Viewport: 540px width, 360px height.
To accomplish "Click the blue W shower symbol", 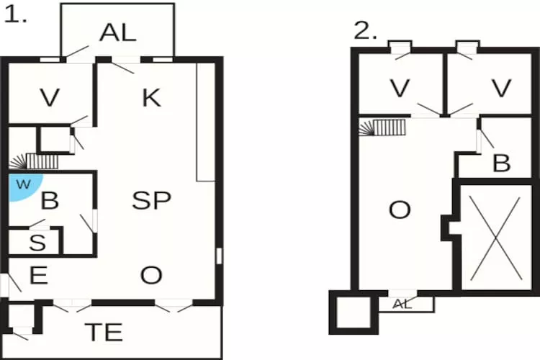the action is click(x=24, y=186).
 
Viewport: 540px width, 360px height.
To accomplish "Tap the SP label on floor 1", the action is click(x=151, y=200).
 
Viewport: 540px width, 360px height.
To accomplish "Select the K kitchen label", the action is click(x=151, y=98).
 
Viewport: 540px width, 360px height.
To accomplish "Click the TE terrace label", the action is click(x=104, y=332).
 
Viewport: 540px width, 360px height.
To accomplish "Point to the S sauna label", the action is click(x=37, y=242).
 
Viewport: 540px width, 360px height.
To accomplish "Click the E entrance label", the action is click(x=39, y=275).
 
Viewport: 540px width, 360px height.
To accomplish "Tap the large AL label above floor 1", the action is click(x=118, y=33).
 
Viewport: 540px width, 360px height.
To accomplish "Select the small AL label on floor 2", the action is click(x=402, y=304).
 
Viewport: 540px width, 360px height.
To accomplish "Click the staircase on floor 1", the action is click(x=34, y=161).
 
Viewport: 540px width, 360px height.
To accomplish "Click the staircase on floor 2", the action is click(x=382, y=127).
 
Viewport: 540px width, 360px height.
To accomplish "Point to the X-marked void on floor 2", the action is click(x=495, y=238).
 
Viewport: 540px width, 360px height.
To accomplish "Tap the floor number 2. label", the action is click(x=365, y=30).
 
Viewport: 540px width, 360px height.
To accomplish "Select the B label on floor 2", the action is click(x=501, y=163).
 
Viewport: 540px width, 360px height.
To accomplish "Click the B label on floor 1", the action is click(x=50, y=200).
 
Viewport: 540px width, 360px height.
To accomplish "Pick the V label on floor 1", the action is click(x=50, y=97).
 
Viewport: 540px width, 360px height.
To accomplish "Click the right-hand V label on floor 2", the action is click(x=501, y=88).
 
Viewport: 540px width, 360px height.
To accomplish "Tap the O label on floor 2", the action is click(x=400, y=210).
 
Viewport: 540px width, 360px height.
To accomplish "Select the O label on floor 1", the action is click(x=151, y=275).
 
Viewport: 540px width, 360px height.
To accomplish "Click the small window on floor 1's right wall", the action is click(x=219, y=256).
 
